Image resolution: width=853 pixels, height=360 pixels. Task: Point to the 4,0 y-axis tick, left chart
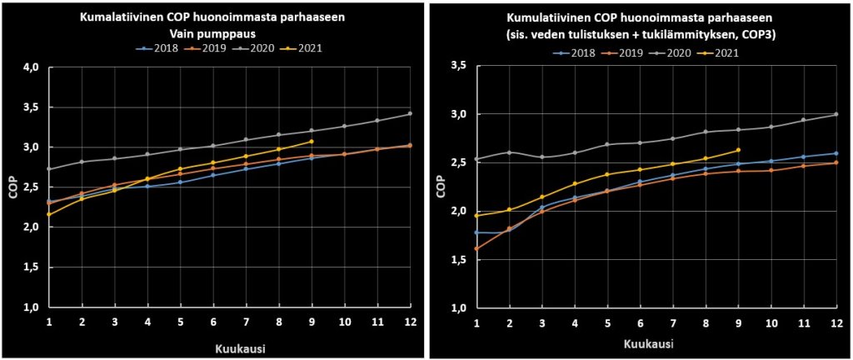(x=31, y=67)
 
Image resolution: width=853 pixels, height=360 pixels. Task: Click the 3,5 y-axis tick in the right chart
(x=457, y=65)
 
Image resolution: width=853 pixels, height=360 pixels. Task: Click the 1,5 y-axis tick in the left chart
(x=31, y=267)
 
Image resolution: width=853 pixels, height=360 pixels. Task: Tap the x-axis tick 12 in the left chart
(x=409, y=321)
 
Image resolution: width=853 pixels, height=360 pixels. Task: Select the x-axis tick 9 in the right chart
(x=738, y=322)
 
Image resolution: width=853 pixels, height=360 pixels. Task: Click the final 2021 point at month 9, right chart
(x=738, y=150)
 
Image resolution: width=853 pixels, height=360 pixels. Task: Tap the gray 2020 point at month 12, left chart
(x=409, y=113)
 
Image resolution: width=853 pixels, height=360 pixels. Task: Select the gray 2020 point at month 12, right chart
(x=836, y=114)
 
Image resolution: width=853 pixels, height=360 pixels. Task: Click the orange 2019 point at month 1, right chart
(x=476, y=248)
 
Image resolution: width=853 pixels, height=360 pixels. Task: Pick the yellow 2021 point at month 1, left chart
(x=49, y=214)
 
